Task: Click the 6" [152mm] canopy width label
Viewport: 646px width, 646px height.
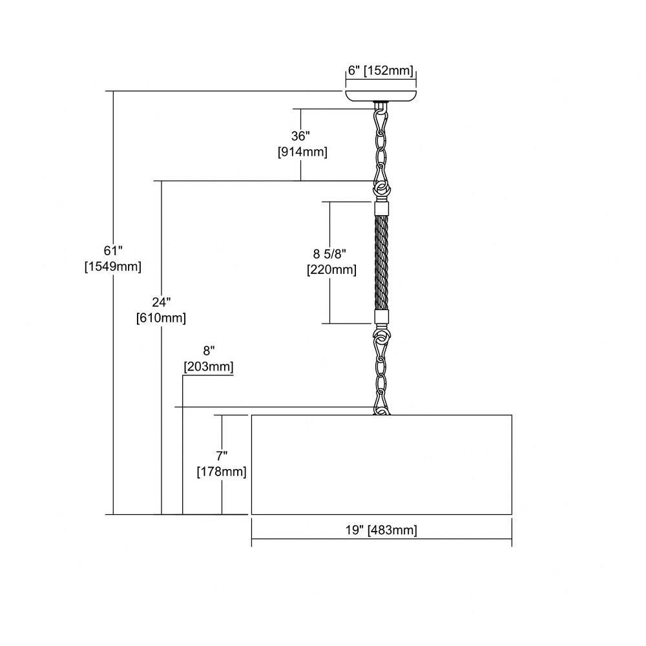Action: (380, 70)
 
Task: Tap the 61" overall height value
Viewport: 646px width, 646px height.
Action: (113, 251)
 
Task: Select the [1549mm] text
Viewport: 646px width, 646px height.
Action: (113, 267)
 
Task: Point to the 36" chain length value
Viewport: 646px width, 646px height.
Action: (300, 136)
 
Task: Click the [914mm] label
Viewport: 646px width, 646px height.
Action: (302, 152)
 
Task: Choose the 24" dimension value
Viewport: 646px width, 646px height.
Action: (161, 302)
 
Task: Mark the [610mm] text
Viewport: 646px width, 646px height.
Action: (161, 318)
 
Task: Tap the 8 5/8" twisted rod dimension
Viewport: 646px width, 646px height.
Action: (329, 254)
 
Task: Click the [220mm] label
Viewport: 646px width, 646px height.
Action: (331, 270)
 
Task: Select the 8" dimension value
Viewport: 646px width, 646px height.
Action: (209, 351)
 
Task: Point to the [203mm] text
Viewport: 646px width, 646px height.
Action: (209, 367)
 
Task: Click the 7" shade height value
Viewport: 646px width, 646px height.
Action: (222, 455)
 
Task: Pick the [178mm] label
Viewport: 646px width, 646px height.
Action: (222, 472)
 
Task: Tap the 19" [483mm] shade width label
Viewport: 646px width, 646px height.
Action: (381, 530)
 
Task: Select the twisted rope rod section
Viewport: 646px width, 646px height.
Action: (382, 262)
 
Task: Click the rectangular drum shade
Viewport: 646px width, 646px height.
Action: (382, 464)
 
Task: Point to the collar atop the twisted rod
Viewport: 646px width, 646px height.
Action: (382, 207)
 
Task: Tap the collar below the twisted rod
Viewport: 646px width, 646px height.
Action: (382, 317)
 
